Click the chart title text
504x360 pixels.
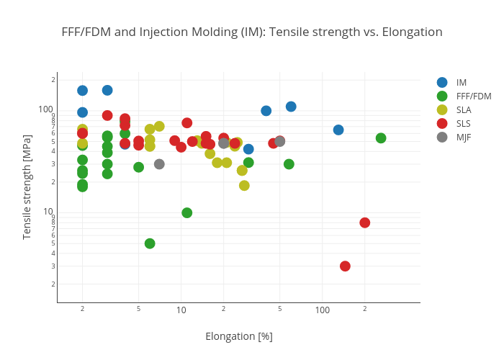251,32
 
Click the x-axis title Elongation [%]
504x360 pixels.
238,336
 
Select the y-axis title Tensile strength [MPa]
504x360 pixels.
27,187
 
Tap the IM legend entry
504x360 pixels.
461,82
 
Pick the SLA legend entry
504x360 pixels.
464,109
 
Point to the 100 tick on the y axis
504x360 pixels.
46,109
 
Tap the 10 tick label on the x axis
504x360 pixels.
181,310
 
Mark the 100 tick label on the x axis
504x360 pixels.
323,310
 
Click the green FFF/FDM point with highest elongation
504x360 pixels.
381,138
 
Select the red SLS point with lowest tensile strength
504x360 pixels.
345,266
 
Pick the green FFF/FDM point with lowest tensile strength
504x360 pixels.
150,243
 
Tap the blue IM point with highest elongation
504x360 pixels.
338,130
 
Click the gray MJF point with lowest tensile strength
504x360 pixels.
159,164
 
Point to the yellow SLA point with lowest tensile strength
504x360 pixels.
244,186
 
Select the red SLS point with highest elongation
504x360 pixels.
365,222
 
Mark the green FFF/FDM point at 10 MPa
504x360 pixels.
187,212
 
